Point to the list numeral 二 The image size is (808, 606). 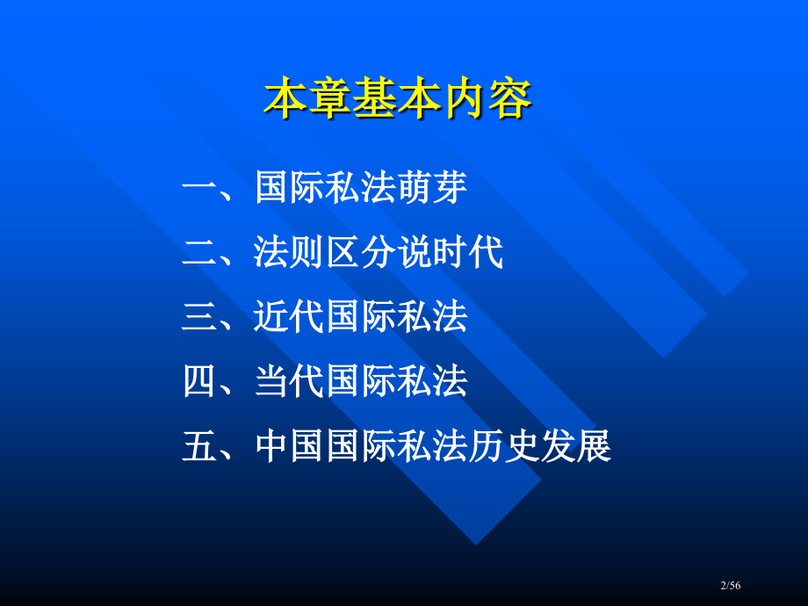coord(198,253)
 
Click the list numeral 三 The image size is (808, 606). coord(198,317)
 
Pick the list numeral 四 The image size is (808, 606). coord(198,382)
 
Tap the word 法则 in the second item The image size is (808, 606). coord(290,253)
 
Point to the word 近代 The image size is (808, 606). coord(290,317)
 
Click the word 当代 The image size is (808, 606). coord(290,382)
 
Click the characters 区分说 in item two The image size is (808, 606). coord(379,253)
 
